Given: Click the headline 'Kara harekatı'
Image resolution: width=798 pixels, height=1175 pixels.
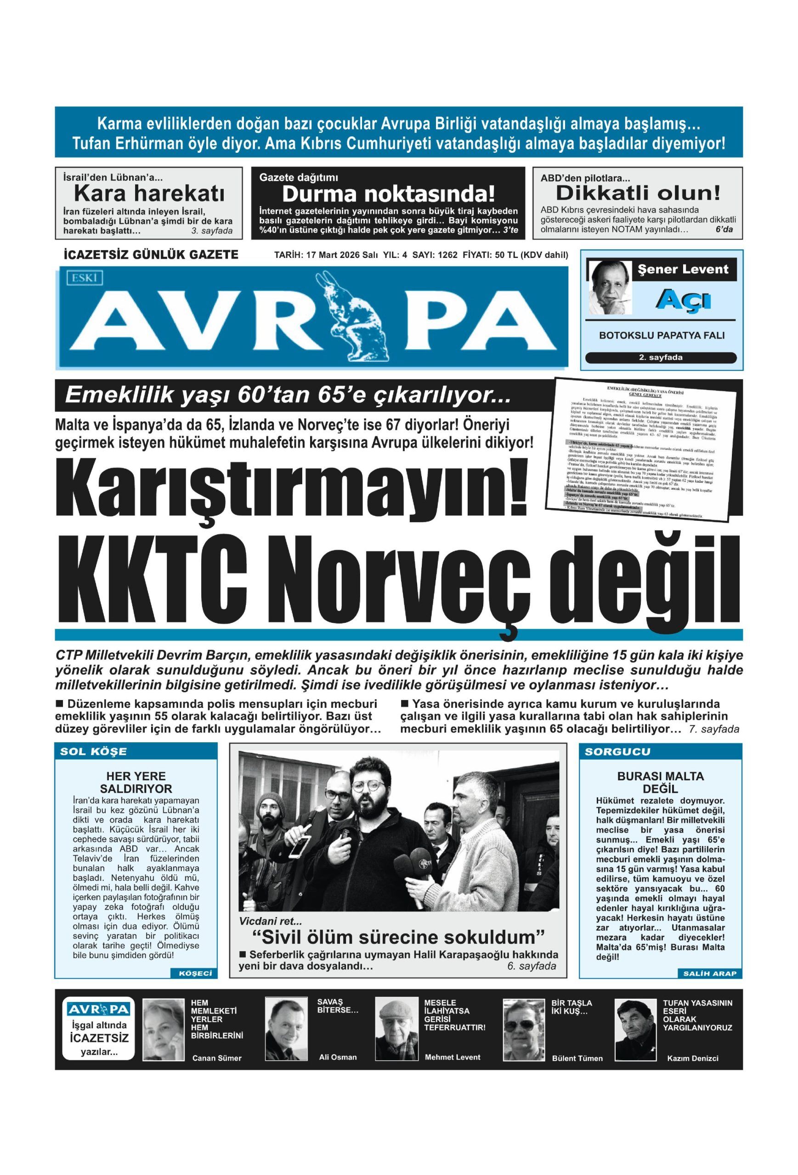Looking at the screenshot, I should (x=148, y=194).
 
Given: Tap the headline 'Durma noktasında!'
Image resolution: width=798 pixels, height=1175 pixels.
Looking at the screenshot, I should (x=388, y=194).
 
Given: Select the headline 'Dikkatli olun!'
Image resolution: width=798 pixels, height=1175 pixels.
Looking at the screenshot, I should (x=638, y=193).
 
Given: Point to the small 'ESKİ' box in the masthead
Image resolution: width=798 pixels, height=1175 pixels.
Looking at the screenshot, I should (x=84, y=277).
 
